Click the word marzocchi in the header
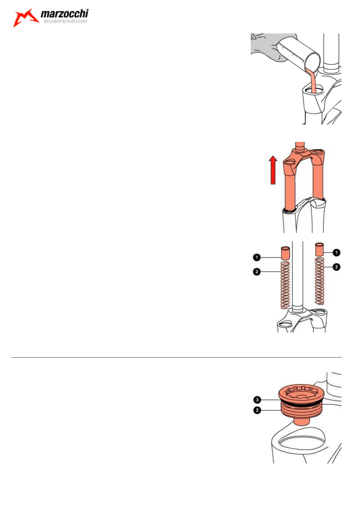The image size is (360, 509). [65, 15]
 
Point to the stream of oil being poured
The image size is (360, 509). [312, 79]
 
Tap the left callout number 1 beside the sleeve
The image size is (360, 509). [256, 256]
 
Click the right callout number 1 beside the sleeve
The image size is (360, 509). [337, 252]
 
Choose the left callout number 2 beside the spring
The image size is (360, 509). [256, 272]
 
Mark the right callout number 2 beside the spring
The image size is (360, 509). [337, 266]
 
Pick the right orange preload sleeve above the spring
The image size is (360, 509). [320, 249]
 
